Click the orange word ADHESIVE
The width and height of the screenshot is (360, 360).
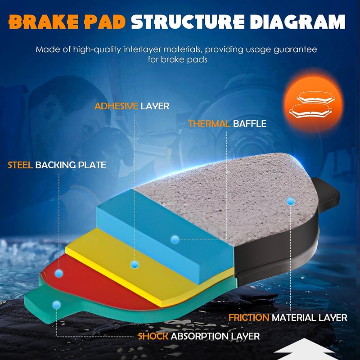pos(116,106)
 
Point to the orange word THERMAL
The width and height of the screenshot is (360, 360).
pos(209,123)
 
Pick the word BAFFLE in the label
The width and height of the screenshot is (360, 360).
pos(250,123)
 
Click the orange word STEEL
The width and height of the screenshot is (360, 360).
pos(20,165)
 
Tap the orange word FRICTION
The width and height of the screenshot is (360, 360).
pos(249,317)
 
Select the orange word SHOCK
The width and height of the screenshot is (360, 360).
pos(153,336)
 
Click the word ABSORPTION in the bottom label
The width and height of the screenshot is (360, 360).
pos(199,336)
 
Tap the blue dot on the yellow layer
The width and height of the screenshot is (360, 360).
pos(134,265)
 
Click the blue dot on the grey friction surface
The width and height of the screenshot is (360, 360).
pos(290,201)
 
